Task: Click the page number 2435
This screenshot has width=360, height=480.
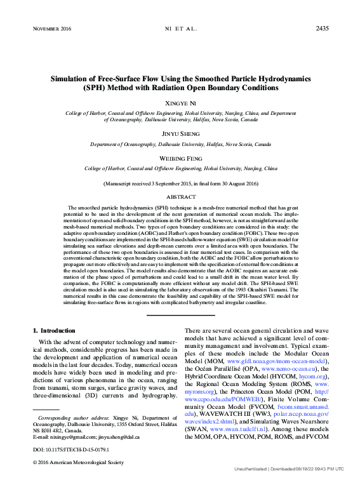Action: [x=322, y=29]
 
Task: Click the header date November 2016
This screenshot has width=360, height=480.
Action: [x=51, y=29]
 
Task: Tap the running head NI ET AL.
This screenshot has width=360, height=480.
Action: [x=181, y=29]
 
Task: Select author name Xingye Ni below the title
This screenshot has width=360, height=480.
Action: [x=180, y=102]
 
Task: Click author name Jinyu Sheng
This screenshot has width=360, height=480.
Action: [x=180, y=134]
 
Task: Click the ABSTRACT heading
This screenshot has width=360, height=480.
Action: [x=180, y=197]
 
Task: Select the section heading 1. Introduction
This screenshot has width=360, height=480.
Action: [x=53, y=331]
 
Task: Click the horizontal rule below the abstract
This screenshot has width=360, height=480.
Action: [x=180, y=314]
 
